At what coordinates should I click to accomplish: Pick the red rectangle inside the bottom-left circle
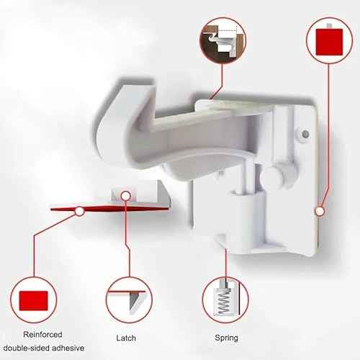34,299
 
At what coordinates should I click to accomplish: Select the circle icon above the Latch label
130,299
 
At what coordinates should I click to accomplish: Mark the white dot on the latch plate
125,194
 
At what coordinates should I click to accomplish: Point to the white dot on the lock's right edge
318,211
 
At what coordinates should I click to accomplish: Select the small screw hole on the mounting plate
306,133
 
